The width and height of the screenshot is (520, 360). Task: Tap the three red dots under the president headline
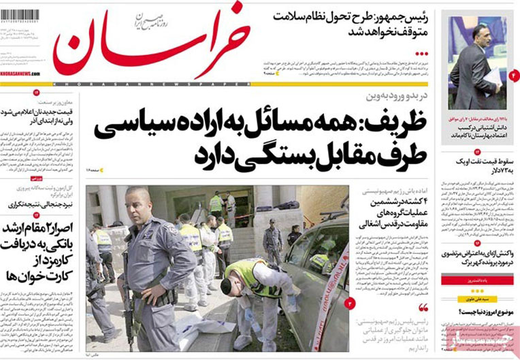[423, 52]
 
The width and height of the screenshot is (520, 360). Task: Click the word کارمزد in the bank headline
[30, 262]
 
